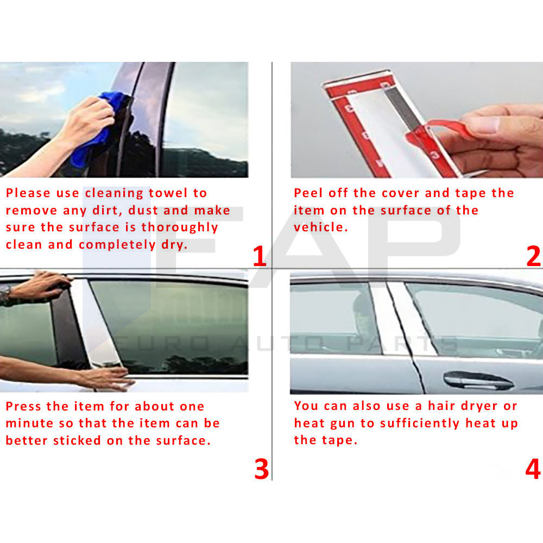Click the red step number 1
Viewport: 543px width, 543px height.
pos(260,256)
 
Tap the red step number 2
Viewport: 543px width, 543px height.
pos(533,256)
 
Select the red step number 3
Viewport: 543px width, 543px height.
pos(262,469)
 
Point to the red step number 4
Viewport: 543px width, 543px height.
pos(533,469)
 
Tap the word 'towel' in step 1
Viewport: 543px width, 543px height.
pos(168,193)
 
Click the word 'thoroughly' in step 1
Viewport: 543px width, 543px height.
pos(180,228)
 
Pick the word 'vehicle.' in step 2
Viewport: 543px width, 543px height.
pos(321,227)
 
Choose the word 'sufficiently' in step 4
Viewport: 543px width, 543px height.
pos(420,424)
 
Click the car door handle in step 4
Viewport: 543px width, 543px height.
pos(478,380)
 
